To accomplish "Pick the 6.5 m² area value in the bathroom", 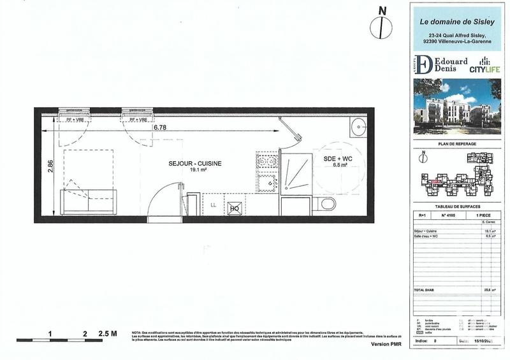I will pyautogui.click(x=339, y=164).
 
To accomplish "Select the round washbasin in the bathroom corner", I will pyautogui.click(x=358, y=127).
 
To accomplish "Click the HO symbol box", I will pyautogui.click(x=234, y=208).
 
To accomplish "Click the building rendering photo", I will pyautogui.click(x=453, y=105).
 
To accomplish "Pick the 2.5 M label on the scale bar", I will pyautogui.click(x=108, y=333).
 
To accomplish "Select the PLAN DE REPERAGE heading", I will pyautogui.click(x=453, y=144).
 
